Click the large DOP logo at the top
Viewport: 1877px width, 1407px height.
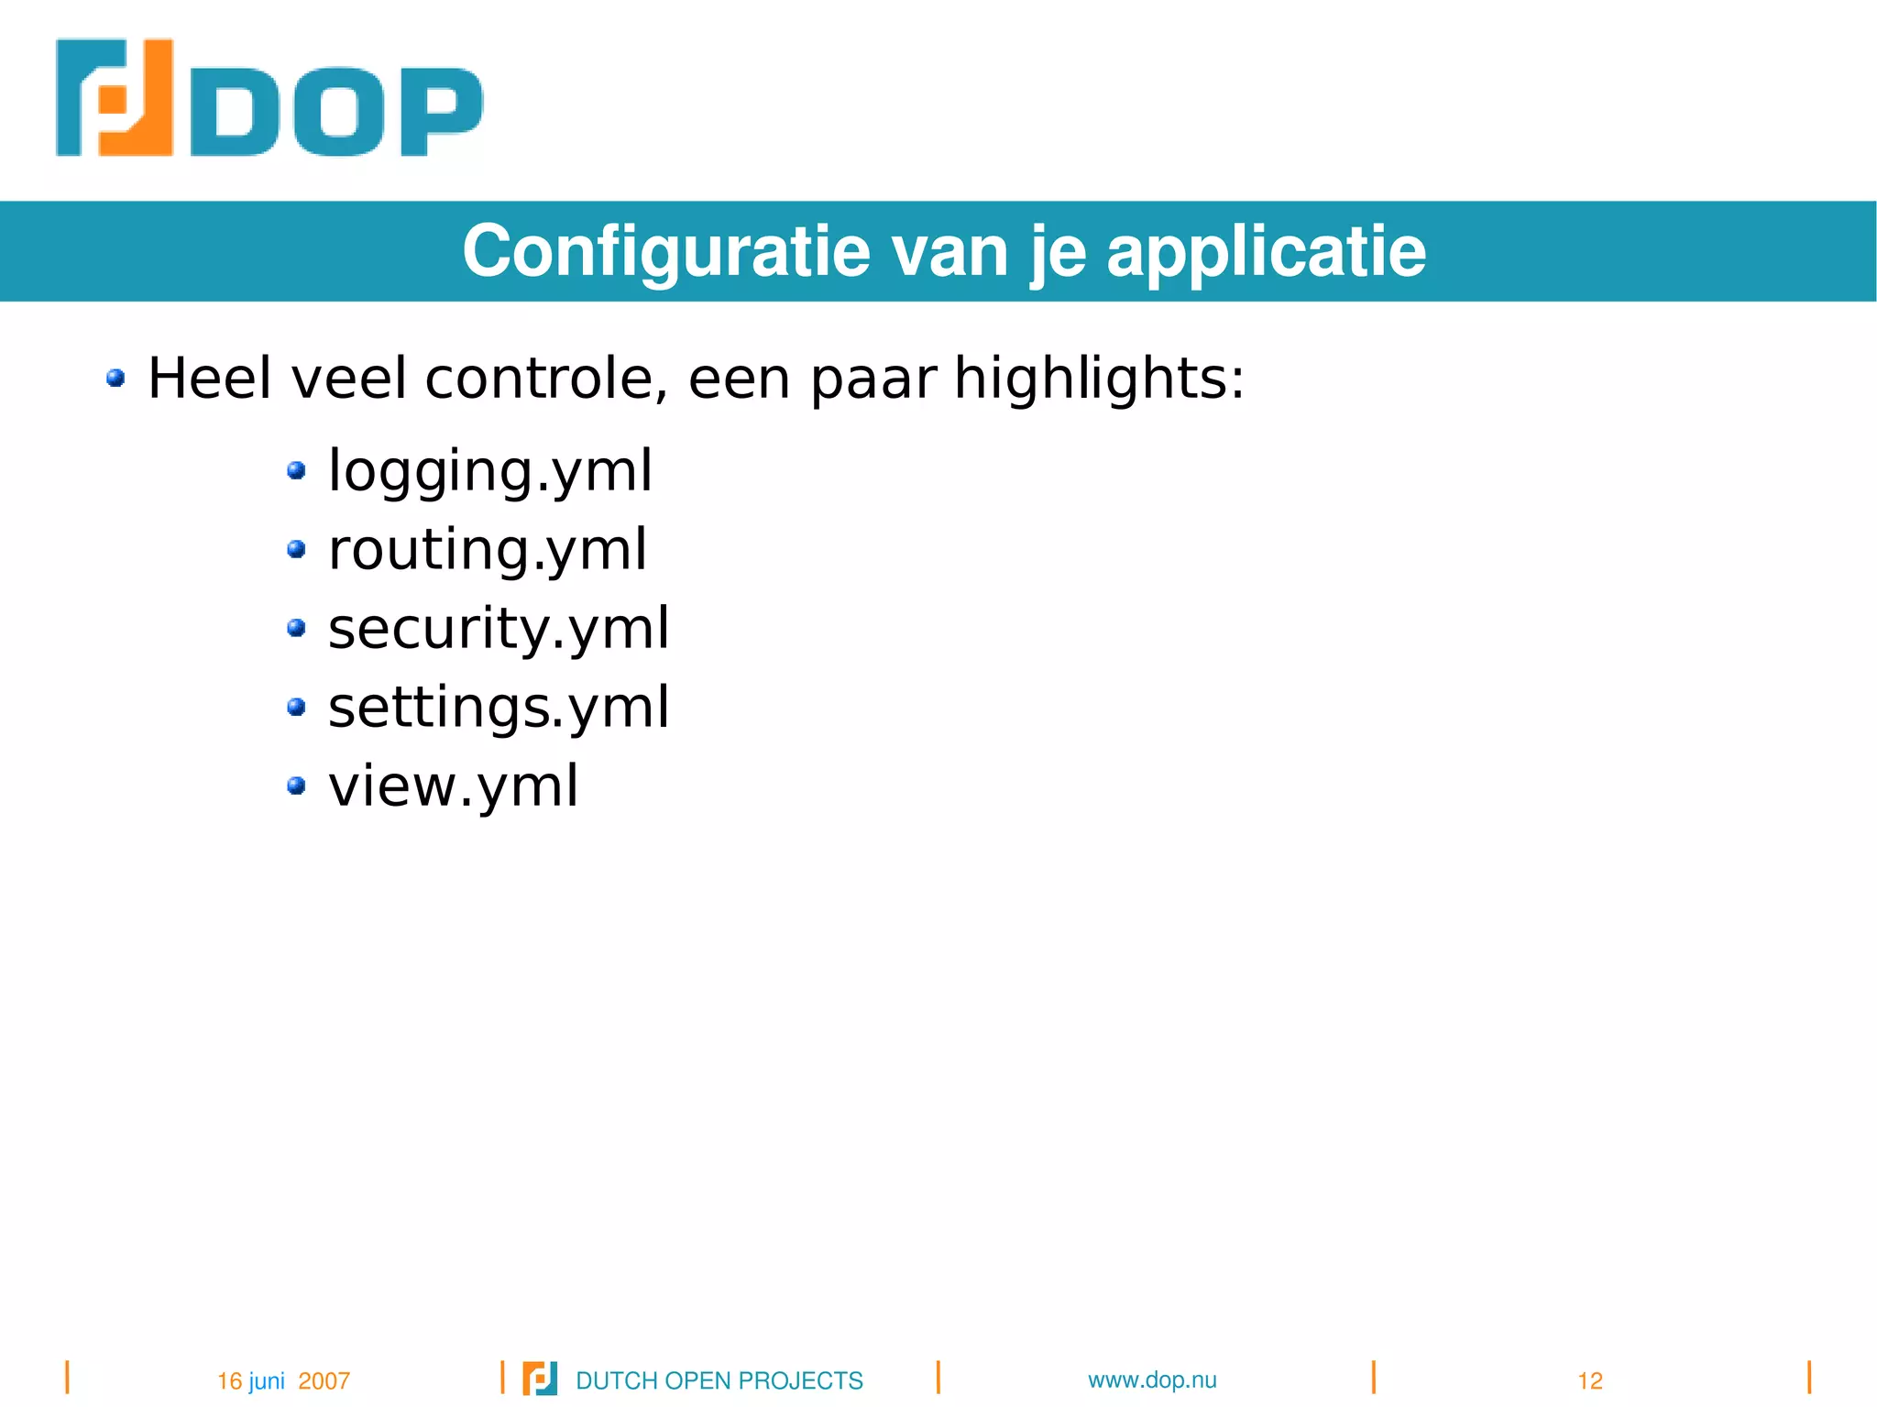(x=268, y=98)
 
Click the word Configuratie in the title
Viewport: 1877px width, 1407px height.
(x=666, y=252)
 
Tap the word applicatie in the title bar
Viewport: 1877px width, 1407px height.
(x=1266, y=252)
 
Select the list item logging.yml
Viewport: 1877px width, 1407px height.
(x=490, y=471)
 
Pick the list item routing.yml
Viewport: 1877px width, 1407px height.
(x=488, y=550)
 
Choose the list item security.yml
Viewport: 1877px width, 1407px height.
(x=499, y=629)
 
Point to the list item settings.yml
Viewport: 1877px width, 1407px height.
(x=499, y=708)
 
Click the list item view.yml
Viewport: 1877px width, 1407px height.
(x=454, y=786)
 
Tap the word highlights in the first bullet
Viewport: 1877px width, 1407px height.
(x=1099, y=378)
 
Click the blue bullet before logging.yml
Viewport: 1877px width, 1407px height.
(x=296, y=471)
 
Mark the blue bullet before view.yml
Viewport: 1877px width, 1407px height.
(x=296, y=786)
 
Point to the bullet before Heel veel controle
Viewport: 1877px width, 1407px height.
(x=115, y=378)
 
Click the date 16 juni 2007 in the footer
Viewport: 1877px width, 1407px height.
(x=283, y=1380)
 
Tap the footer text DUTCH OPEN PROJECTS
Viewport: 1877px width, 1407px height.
(x=719, y=1380)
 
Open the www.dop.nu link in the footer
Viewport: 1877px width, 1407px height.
(x=1152, y=1380)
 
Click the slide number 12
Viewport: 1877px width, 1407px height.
(x=1590, y=1380)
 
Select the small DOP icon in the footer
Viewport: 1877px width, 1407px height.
(x=540, y=1379)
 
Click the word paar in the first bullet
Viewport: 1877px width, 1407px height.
(x=873, y=378)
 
